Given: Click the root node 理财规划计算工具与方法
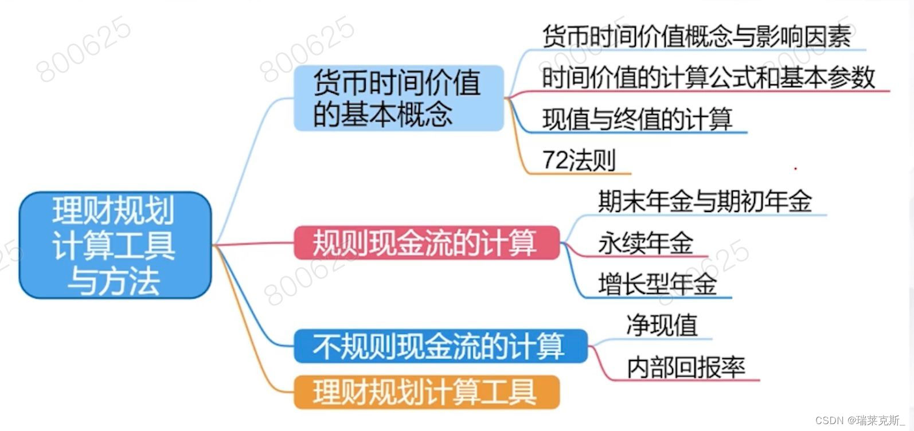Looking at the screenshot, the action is (115, 245).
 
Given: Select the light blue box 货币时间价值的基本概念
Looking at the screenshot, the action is (399, 98).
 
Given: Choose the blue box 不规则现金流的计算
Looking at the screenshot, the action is (440, 346).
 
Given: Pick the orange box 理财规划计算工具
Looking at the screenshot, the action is (425, 392).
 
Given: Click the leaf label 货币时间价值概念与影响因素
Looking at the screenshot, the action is (696, 36).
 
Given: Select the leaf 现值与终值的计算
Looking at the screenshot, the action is (637, 119).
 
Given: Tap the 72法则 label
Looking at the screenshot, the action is (579, 160).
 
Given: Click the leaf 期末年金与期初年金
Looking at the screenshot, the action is (704, 201).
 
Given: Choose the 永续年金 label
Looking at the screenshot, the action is (646, 243).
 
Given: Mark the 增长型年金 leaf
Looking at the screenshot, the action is (657, 284).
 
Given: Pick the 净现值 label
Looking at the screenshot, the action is (662, 325).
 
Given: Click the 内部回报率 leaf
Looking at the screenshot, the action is (686, 367).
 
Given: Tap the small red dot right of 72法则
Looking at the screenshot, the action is (795, 169).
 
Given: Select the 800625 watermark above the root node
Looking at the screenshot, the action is (84, 49).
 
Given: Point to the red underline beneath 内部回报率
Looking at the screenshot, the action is (688, 380).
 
